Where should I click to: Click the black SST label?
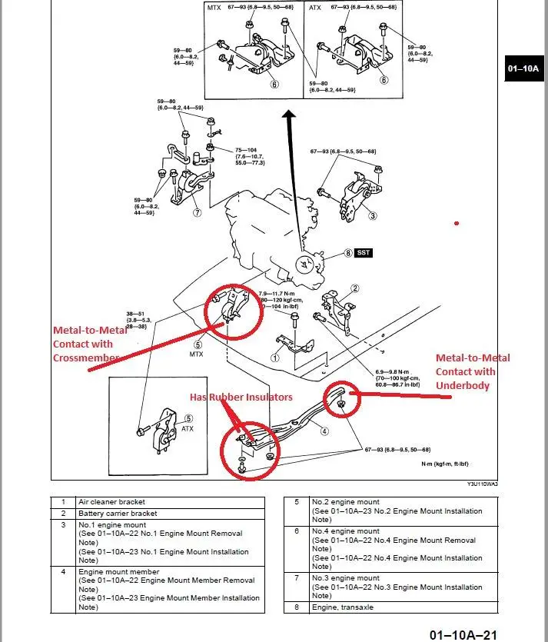364,252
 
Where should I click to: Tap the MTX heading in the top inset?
214,8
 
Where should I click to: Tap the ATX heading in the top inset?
314,8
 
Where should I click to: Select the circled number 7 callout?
197,212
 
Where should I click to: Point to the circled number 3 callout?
373,216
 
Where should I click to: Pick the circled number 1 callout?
274,357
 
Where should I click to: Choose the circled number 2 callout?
355,289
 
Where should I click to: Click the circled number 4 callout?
324,431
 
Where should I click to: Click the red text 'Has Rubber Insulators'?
241,396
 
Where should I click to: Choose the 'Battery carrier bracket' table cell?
118,513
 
